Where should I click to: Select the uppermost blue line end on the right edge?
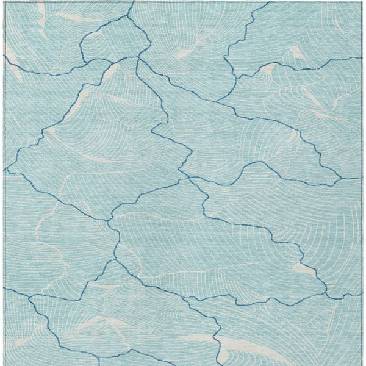pos(361,58)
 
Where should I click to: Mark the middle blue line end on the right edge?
pos(361,178)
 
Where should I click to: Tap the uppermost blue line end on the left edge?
pos(5,56)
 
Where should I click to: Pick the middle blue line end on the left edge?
pos(5,170)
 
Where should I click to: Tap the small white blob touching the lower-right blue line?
pos(304,268)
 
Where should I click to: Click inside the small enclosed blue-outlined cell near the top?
pos(116,43)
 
